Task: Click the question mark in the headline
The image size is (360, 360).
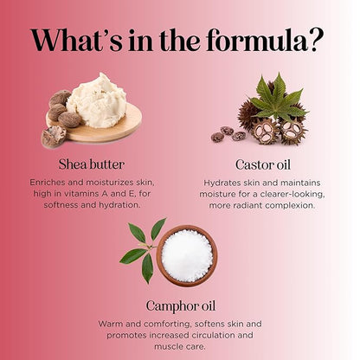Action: coord(314,40)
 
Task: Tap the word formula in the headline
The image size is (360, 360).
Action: coord(256,40)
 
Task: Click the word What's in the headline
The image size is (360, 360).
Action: coord(77,40)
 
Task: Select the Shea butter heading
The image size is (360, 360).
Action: coord(92,164)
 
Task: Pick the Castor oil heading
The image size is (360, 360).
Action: coord(263,165)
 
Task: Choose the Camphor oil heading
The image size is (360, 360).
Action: coord(181,306)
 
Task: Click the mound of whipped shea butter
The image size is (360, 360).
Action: coord(97,100)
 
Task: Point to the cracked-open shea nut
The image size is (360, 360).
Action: coord(54,137)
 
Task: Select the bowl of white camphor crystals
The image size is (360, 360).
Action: coord(187,255)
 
